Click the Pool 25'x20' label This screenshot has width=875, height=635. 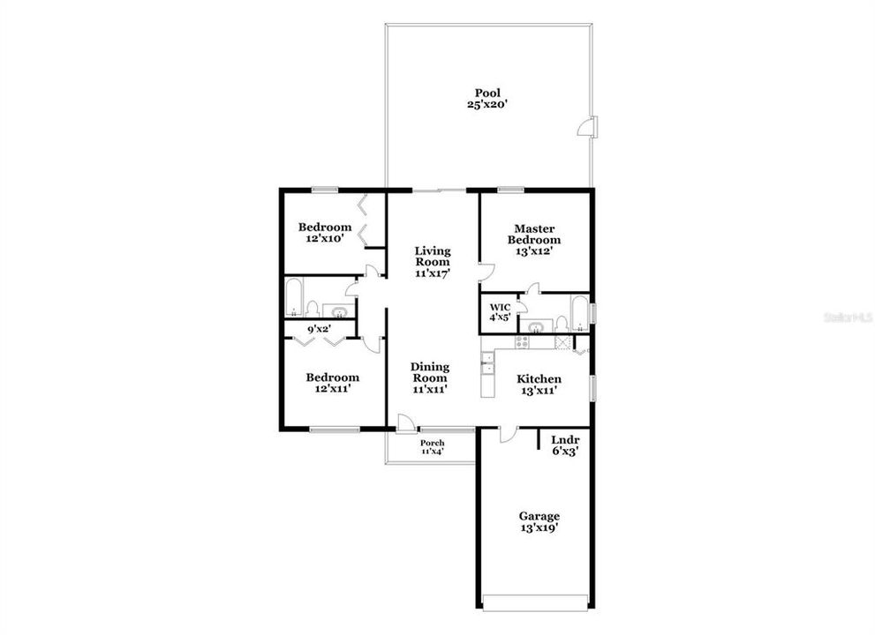point(487,98)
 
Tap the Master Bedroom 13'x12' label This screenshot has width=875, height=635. point(533,239)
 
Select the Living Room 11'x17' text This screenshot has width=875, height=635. point(433,261)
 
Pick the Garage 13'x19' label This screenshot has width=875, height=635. point(539,522)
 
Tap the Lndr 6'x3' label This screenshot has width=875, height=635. point(564,444)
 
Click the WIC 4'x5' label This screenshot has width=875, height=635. point(500,312)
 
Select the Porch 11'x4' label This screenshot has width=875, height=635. point(432,447)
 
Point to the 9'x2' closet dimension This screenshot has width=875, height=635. point(317,330)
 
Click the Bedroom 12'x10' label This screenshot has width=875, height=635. point(324,232)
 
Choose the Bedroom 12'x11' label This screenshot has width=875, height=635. point(332,383)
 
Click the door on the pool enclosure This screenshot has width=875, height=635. point(586,128)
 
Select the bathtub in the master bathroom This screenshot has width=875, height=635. point(579,312)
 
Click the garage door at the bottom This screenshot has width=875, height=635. point(536,602)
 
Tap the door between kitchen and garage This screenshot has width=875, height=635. point(507,434)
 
